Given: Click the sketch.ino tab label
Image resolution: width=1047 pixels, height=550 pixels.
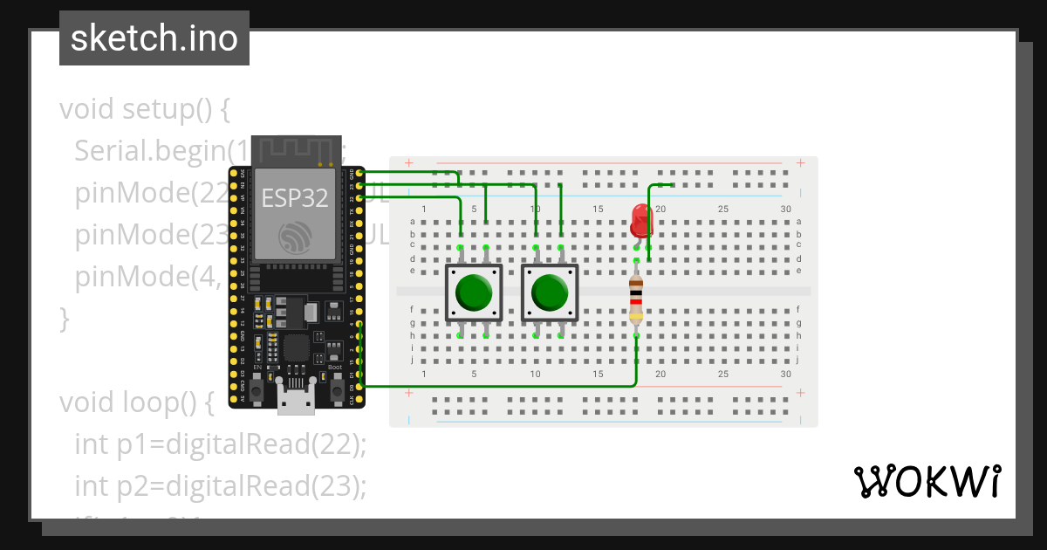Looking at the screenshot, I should click(x=154, y=38).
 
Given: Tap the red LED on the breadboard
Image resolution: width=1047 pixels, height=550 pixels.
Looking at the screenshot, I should click(x=641, y=219).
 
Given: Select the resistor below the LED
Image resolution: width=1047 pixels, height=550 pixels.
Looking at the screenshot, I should click(x=637, y=299).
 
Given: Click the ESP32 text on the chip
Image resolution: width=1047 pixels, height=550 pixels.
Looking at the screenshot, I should click(x=295, y=198).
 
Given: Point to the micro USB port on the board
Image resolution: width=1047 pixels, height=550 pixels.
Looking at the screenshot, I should click(x=297, y=397).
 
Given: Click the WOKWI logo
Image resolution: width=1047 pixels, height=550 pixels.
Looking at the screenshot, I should click(x=927, y=481).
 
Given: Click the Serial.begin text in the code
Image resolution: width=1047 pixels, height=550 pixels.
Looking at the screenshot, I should click(x=150, y=152).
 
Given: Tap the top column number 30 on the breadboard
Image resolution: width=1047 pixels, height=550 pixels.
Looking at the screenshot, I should click(x=786, y=209).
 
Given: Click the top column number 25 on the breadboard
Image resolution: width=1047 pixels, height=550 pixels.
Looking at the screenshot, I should click(x=723, y=209).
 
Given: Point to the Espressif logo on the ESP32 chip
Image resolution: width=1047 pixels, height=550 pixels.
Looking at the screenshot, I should click(x=295, y=237).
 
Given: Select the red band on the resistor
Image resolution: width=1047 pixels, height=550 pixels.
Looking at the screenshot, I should click(x=637, y=303).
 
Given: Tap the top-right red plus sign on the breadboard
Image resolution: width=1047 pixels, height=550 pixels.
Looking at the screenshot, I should click(x=801, y=162).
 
